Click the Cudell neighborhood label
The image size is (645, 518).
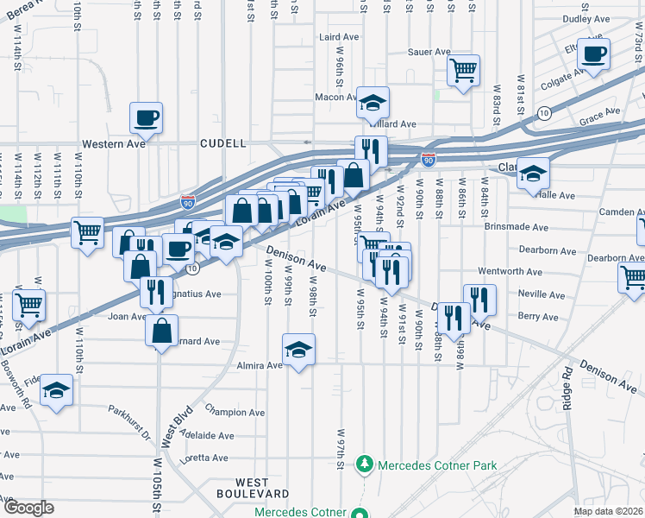[223, 143]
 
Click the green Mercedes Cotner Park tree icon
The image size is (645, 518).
[366, 464]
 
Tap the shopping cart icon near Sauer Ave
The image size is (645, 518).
[464, 70]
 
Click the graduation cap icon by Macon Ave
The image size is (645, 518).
[373, 103]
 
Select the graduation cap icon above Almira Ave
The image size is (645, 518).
[298, 349]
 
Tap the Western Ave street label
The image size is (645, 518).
[111, 143]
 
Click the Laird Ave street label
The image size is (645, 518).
[338, 38]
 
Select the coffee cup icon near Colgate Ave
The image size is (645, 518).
[592, 54]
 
